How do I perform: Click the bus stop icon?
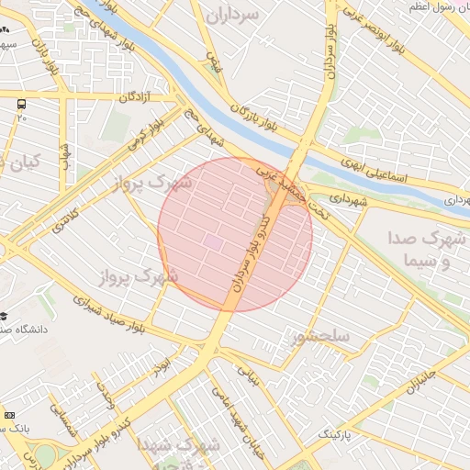pyautogui.click(x=21, y=104)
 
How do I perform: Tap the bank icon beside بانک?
pyautogui.click(x=9, y=416)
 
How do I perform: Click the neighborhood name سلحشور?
pyautogui.click(x=320, y=337)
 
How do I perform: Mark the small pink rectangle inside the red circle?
pyautogui.click(x=213, y=241)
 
